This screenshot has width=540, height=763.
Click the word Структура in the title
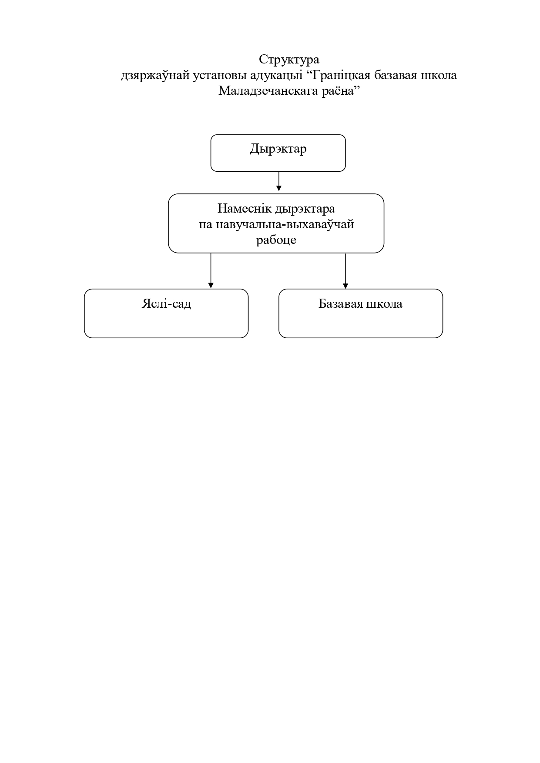(x=289, y=60)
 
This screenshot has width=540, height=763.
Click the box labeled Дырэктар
(x=278, y=153)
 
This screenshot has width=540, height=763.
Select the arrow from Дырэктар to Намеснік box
(x=278, y=181)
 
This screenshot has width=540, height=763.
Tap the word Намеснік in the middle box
(x=245, y=209)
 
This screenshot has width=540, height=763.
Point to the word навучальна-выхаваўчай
(x=285, y=224)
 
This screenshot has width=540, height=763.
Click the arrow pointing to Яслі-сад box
(x=211, y=270)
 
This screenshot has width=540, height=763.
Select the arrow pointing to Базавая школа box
(x=345, y=270)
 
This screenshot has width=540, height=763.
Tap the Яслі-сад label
(x=166, y=303)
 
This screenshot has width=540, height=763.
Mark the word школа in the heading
(x=438, y=75)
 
